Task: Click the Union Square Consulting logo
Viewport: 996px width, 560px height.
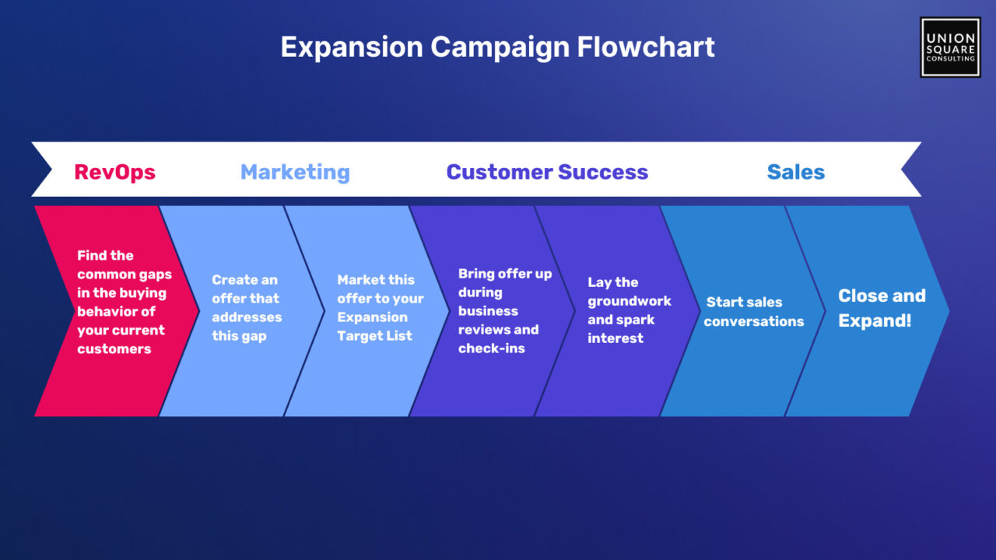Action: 950,47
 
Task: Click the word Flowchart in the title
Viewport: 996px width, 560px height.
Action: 646,47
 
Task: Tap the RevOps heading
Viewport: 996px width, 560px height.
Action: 114,172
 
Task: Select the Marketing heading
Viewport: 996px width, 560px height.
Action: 295,172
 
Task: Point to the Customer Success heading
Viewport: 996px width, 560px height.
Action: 547,172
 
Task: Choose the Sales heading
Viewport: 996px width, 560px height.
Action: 796,172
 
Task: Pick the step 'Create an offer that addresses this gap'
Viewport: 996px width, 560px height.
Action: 242,311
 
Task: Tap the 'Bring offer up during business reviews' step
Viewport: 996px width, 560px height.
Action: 493,311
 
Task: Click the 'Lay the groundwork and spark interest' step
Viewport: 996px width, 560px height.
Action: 619,311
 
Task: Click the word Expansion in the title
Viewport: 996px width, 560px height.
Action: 352,48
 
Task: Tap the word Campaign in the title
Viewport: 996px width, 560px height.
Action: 500,48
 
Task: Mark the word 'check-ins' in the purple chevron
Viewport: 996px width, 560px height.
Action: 492,348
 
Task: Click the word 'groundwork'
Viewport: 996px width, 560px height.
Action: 630,301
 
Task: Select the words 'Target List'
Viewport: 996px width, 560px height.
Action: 375,336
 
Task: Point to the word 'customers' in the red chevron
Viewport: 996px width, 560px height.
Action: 114,349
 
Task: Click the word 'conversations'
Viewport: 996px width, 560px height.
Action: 754,321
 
